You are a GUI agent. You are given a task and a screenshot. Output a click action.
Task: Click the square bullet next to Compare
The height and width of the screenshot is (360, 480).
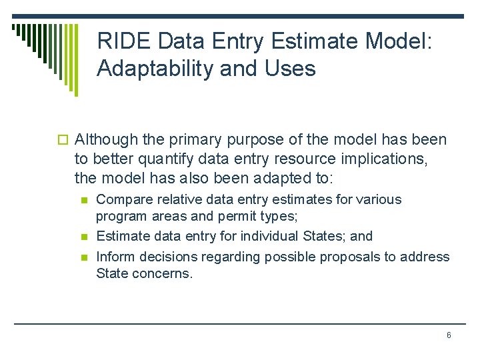click(83, 200)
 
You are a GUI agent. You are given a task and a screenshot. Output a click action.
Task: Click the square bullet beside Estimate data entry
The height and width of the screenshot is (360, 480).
click(83, 237)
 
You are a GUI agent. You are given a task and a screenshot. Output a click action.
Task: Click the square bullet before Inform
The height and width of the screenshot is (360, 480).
click(83, 257)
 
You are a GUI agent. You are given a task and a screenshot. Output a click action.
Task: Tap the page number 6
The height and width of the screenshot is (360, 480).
click(449, 335)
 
